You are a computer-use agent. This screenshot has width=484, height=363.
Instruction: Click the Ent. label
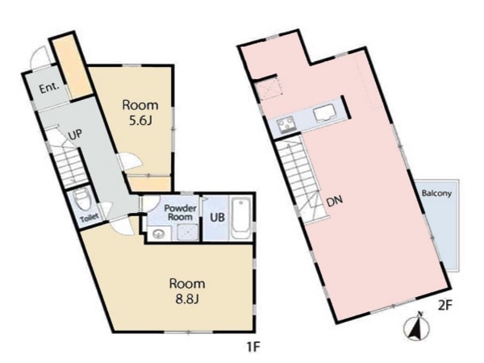[x=49, y=88]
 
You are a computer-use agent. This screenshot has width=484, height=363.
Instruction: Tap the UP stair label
[x=75, y=134]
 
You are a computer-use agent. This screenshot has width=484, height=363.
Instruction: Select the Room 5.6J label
[x=140, y=113]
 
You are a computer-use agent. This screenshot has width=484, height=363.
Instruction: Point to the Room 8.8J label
[x=187, y=291]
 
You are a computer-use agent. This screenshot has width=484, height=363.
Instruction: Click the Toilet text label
[x=90, y=217]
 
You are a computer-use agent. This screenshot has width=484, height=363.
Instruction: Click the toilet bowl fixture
[x=83, y=198]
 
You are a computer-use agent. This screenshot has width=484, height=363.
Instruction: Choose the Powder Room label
[x=180, y=212]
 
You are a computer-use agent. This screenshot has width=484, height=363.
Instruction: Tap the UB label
[x=217, y=217]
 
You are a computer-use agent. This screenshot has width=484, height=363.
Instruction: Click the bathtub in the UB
[x=240, y=219]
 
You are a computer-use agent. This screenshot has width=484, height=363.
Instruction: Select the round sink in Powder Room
[x=159, y=233]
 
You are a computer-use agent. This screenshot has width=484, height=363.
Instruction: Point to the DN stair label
[x=335, y=202]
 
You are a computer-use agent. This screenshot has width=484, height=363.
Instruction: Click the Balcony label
[x=436, y=194]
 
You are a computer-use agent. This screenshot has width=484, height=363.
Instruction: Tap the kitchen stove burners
[x=286, y=126]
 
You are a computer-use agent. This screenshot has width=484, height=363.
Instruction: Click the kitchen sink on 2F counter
[x=325, y=112]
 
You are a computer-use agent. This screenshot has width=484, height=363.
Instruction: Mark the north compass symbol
[x=416, y=327]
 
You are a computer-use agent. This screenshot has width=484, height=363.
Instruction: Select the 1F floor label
[x=253, y=348]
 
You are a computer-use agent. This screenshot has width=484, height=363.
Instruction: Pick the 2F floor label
[x=445, y=305]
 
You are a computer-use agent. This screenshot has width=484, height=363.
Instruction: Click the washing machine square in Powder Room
[x=188, y=232]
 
